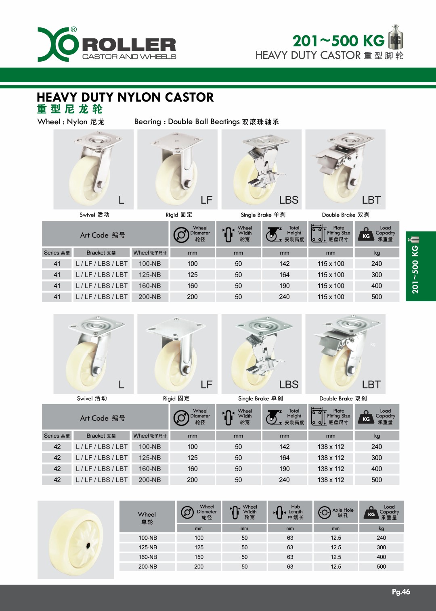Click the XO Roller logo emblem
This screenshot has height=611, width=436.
[57, 44]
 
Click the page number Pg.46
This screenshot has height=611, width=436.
[401, 592]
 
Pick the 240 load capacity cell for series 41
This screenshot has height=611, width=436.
[377, 264]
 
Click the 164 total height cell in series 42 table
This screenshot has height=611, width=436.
[284, 458]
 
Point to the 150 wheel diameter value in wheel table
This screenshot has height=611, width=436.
[199, 557]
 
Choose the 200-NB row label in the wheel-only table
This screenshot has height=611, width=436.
[148, 567]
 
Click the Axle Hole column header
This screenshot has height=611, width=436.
[336, 512]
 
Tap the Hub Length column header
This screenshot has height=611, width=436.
[290, 512]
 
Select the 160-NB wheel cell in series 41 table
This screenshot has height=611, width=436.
[150, 286]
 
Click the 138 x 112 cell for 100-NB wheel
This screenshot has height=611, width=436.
[331, 447]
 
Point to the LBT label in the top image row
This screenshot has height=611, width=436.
[371, 200]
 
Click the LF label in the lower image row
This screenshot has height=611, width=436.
[206, 385]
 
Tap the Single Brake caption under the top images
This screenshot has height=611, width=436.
[263, 215]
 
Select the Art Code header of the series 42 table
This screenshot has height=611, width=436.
[103, 418]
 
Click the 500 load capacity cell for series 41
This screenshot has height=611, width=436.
[377, 297]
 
